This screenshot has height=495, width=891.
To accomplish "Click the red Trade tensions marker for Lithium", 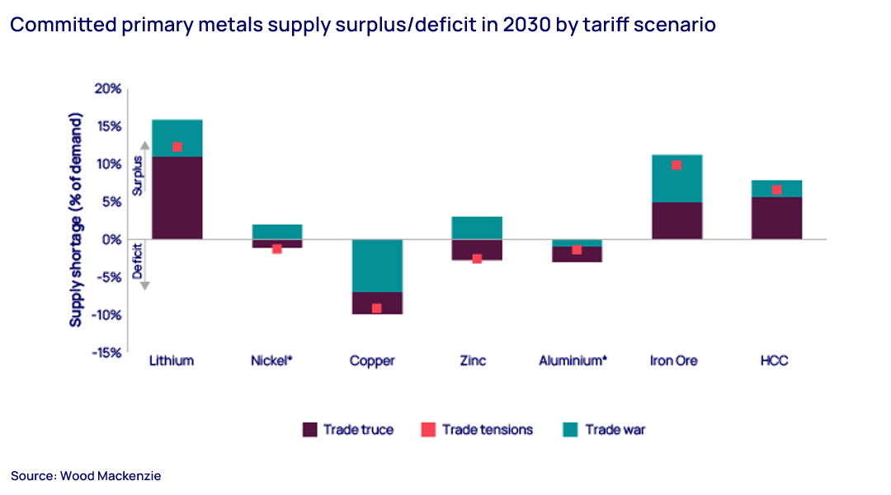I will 177,147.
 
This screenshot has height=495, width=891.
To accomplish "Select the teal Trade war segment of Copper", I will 377,266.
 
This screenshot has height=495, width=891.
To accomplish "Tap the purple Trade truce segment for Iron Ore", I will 676,220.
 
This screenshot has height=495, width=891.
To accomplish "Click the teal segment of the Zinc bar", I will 477,228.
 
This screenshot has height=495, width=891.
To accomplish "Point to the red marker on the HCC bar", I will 776,190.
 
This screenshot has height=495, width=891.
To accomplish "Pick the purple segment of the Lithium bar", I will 177,198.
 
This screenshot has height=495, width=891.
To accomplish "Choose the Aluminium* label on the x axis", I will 573,361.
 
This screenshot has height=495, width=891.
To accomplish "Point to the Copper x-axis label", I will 372,361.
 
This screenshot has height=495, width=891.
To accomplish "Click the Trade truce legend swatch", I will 309,429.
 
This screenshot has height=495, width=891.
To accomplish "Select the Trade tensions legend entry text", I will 487,429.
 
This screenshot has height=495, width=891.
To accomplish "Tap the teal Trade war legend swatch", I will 571,429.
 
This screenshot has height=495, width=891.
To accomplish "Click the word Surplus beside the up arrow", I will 138,175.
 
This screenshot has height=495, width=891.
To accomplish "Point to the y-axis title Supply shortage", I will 77,221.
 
